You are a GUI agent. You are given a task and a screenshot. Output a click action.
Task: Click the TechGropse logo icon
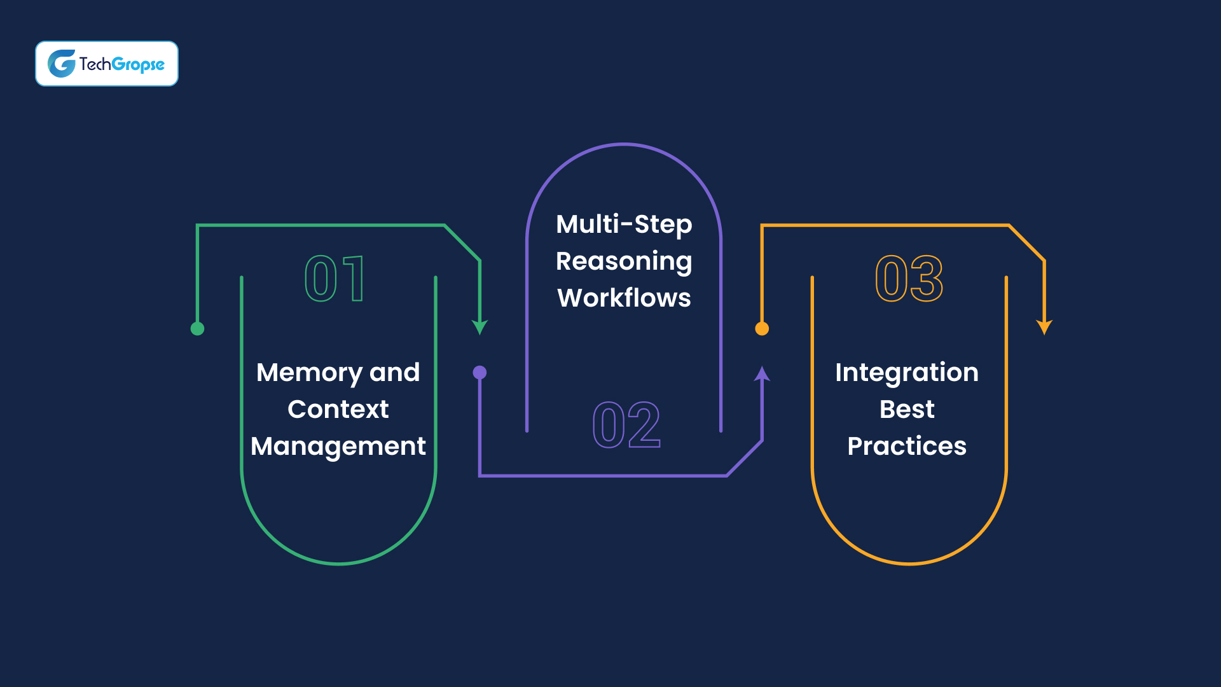pyautogui.click(x=62, y=64)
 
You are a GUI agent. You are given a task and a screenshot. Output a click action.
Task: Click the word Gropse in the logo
pyautogui.click(x=138, y=65)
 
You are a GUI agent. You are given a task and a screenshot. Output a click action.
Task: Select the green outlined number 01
pyautogui.click(x=335, y=279)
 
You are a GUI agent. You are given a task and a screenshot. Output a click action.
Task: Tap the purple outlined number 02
pyautogui.click(x=626, y=425)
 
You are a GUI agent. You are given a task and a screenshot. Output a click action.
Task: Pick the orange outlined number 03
pyautogui.click(x=909, y=279)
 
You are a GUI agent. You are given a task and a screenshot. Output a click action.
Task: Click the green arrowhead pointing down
pyautogui.click(x=479, y=327)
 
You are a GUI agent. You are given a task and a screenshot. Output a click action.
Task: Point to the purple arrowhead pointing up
pyautogui.click(x=762, y=374)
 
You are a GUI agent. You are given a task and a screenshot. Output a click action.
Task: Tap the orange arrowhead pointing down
pyautogui.click(x=1044, y=327)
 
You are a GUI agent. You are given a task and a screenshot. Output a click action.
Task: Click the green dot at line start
pyautogui.click(x=197, y=329)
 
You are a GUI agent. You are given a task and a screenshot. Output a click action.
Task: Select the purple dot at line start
pyautogui.click(x=479, y=373)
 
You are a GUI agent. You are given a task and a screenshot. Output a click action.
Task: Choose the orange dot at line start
pyautogui.click(x=762, y=329)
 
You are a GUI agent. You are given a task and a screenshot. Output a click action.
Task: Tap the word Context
pyautogui.click(x=338, y=410)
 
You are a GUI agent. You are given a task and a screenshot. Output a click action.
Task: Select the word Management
pyautogui.click(x=338, y=447)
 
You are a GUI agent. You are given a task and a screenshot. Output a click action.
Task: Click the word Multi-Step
pyautogui.click(x=624, y=225)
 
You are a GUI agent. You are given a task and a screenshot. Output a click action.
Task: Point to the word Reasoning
pyautogui.click(x=624, y=261)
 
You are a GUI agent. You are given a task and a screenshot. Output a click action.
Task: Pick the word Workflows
pyautogui.click(x=624, y=298)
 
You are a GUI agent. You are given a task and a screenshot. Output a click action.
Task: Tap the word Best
pyautogui.click(x=907, y=410)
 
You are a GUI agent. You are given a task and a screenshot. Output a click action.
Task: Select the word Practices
pyautogui.click(x=907, y=447)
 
